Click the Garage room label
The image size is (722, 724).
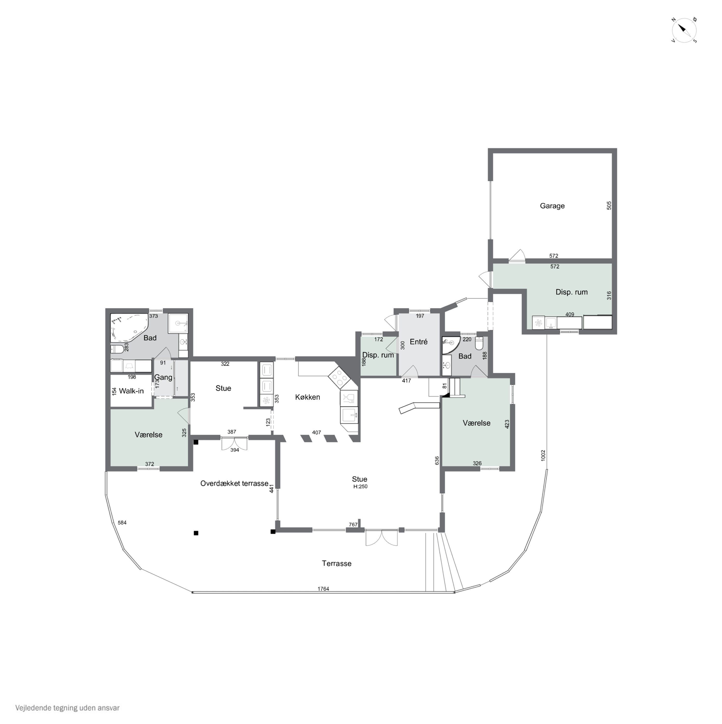coord(552,206)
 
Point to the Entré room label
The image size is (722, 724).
coord(419,342)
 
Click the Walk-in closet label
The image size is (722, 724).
coord(131,391)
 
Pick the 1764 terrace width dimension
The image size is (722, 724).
coord(323,589)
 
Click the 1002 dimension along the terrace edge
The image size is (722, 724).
coord(543,455)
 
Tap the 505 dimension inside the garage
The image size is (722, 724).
coord(609,205)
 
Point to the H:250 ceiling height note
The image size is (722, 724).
coord(360,487)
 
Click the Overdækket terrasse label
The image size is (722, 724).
coord(234,483)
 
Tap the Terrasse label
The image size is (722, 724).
coord(337,563)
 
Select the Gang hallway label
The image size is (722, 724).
coord(163,377)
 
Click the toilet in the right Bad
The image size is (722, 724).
coord(479,343)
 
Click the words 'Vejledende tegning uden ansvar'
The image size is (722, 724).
coord(68,708)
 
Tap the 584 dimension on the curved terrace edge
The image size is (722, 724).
coord(122,522)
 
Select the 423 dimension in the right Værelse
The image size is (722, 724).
coord(507,424)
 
